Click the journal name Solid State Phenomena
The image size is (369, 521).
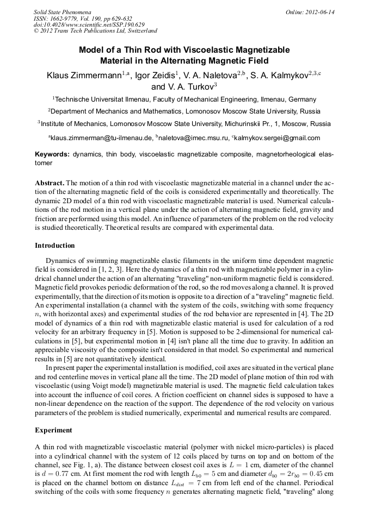coord(62,12)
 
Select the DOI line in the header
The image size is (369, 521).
coord(89,25)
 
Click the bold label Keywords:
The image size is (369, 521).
coord(52,154)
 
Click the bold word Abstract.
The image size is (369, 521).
coord(50,183)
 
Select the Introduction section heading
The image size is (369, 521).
coord(55,246)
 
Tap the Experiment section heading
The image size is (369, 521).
coord(53,430)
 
